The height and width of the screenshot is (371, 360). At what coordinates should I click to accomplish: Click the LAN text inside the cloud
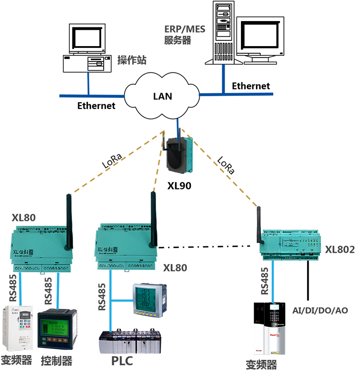(162, 96)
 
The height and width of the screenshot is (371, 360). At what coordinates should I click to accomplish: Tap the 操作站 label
(132, 60)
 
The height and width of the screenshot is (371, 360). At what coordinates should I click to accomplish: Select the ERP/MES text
(184, 29)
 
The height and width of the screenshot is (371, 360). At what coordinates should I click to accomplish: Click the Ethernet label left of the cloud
(96, 106)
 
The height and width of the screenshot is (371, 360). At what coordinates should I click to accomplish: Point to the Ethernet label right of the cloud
(251, 86)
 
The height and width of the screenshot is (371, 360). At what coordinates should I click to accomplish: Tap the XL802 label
(340, 250)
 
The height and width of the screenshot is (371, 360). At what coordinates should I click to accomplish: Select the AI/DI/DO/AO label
(320, 311)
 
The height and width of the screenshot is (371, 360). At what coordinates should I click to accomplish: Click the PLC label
(122, 360)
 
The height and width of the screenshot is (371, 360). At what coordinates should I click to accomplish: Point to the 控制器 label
(57, 360)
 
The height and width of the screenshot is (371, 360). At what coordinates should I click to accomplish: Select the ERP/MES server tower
(222, 31)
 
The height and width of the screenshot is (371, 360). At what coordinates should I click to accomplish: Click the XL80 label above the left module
(24, 218)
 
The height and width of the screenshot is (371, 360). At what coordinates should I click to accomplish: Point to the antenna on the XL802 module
(258, 223)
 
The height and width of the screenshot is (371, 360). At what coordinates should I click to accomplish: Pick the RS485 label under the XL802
(264, 281)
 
